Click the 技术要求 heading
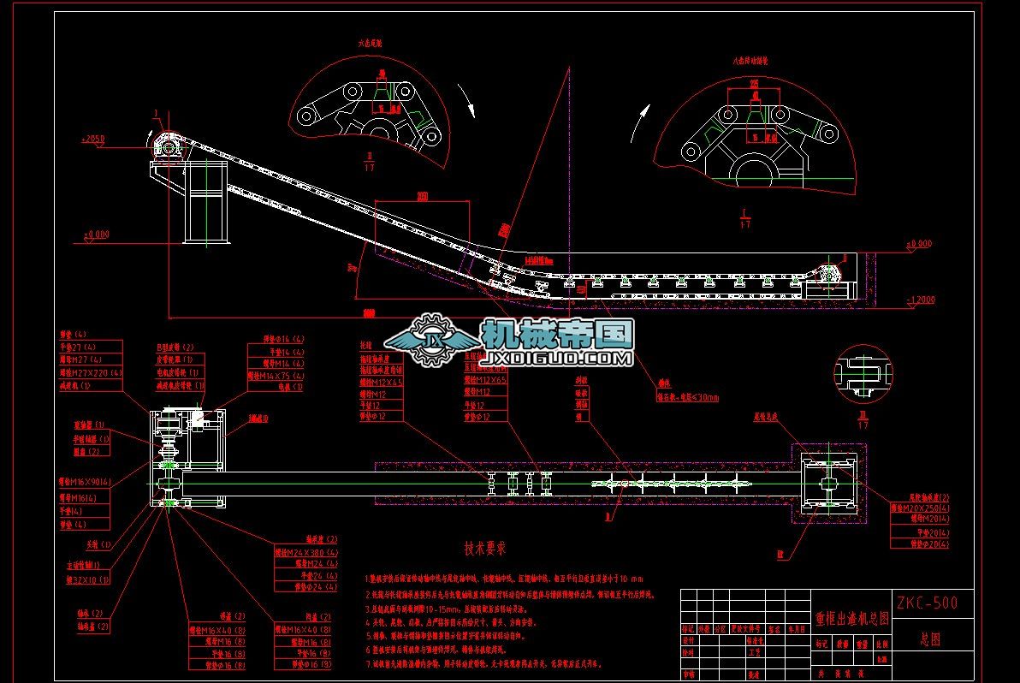click(486, 548)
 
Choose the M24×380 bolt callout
click(305, 552)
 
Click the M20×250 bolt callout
click(920, 508)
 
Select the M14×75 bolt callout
click(276, 375)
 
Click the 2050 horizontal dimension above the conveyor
click(421, 198)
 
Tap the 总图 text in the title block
click(930, 638)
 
